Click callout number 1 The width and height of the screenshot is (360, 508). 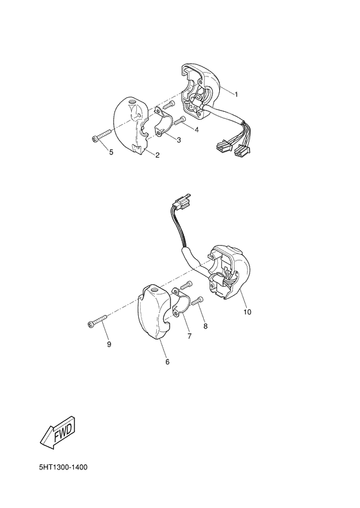236,95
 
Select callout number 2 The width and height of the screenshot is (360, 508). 157,154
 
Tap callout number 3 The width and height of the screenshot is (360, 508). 178,140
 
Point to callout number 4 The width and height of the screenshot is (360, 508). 196,130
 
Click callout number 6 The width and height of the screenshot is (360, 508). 167,362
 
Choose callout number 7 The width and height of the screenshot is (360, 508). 190,336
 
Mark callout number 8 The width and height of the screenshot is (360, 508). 206,326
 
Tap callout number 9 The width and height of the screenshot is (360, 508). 109,345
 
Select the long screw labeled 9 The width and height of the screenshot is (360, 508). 97,324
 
